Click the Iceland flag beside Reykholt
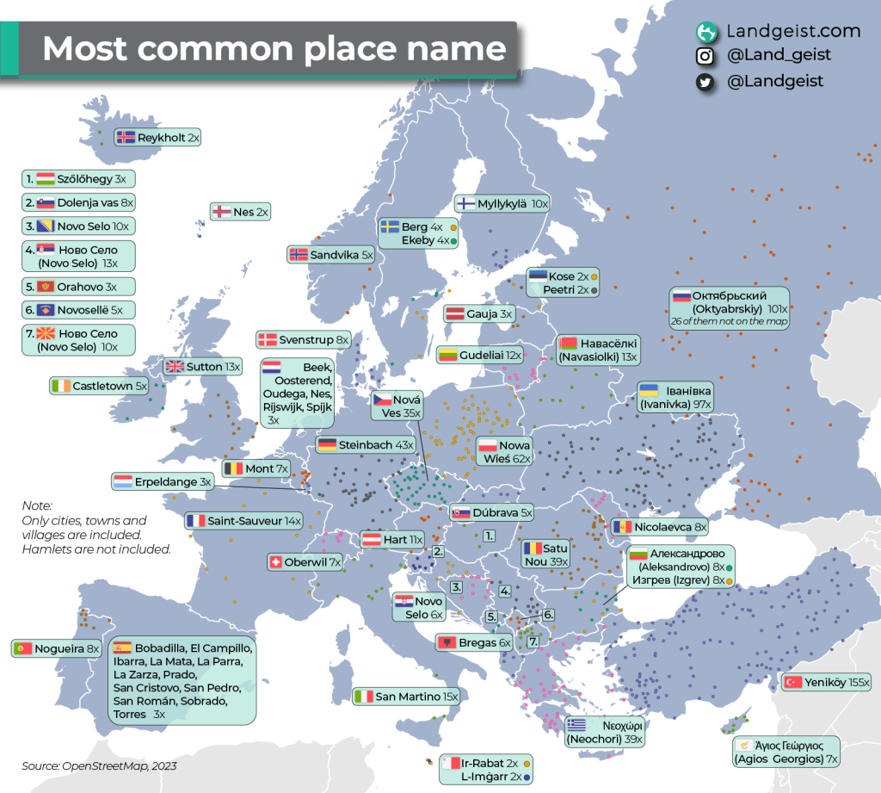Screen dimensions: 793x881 (126, 137)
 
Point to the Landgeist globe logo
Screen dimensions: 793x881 (706, 32)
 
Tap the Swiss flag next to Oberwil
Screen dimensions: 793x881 (276, 562)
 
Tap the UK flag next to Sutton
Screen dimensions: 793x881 (175, 366)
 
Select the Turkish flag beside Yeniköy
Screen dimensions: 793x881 (792, 682)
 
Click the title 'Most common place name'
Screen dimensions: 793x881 (274, 48)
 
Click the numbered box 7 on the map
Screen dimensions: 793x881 (533, 641)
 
